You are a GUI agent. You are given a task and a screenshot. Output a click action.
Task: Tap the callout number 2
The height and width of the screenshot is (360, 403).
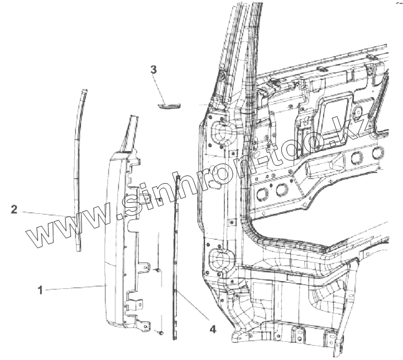tap(14, 209)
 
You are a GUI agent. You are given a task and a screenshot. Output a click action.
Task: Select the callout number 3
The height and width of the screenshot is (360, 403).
tap(154, 69)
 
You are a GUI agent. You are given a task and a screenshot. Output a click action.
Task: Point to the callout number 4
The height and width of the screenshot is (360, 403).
tap(212, 330)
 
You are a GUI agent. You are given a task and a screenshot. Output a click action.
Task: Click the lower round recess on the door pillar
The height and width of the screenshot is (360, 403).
tap(221, 258)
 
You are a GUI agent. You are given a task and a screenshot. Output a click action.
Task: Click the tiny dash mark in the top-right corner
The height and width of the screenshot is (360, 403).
tap(398, 3)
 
